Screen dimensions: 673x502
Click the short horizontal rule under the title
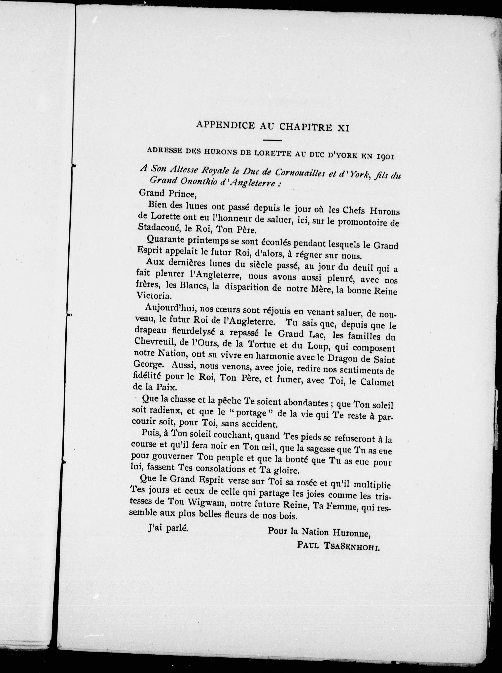coord(272,140)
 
